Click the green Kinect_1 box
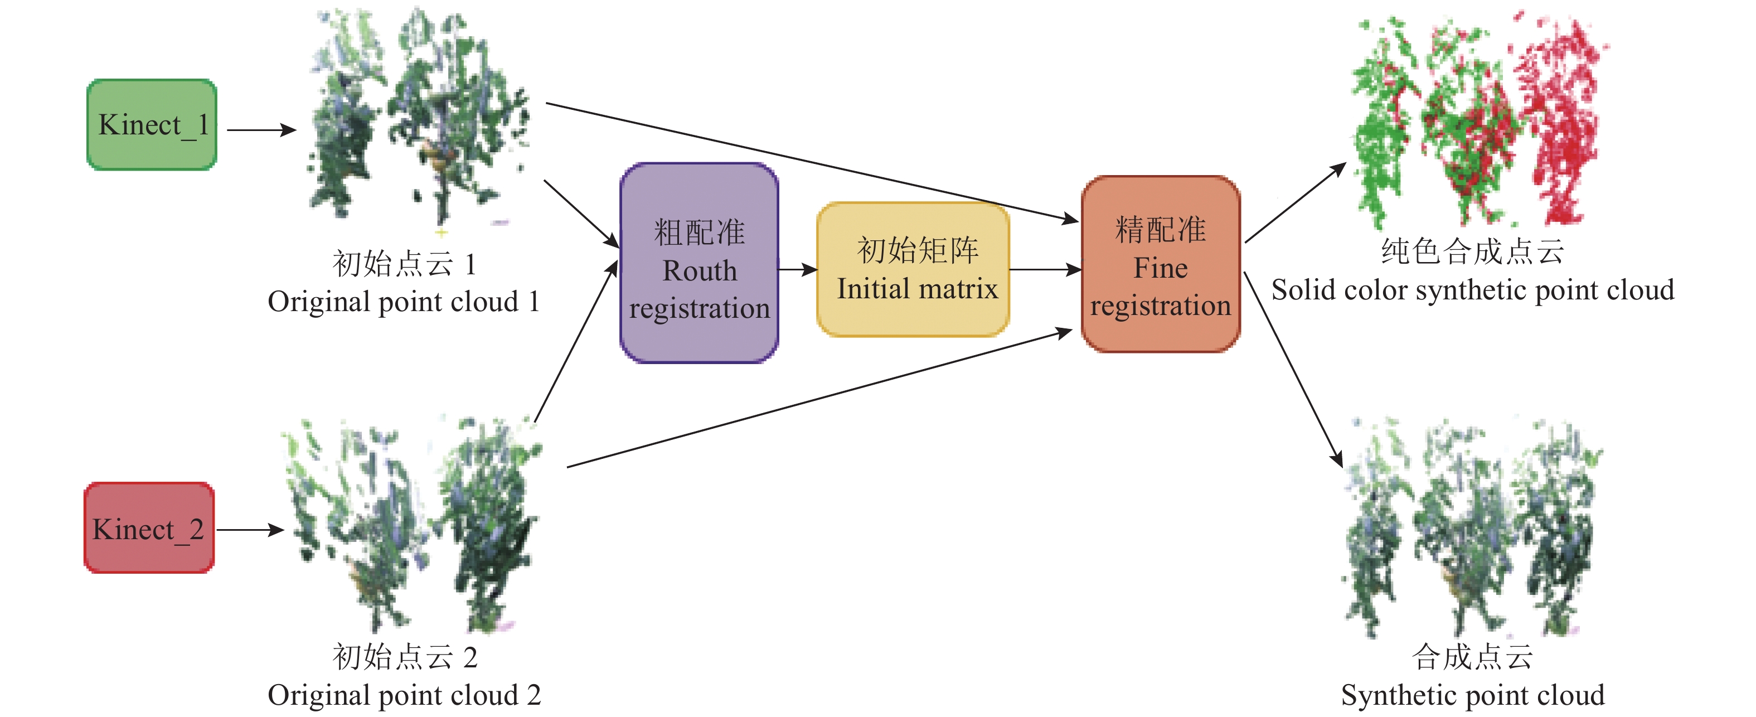click(151, 125)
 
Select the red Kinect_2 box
click(149, 528)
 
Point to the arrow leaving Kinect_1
click(260, 129)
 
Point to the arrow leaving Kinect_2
click(250, 530)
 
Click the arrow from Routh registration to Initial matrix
click(798, 270)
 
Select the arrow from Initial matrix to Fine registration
click(1044, 270)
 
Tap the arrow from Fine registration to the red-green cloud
click(1295, 202)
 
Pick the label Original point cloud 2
click(404, 695)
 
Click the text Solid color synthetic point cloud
click(1472, 290)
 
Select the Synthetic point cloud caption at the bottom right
click(1472, 695)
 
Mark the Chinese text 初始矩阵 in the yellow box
click(917, 250)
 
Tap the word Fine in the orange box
click(1160, 268)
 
